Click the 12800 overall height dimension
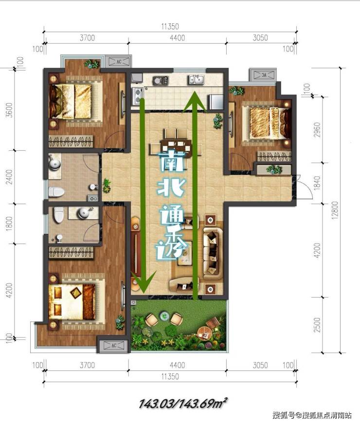point(335,210)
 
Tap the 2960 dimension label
point(317,129)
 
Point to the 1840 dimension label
point(317,183)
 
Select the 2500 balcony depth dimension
point(317,324)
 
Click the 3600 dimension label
point(9,110)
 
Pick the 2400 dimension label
point(9,177)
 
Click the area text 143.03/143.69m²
point(182,404)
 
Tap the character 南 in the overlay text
point(172,161)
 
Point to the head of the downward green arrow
point(144,282)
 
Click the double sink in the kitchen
point(196,79)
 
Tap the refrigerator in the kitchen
point(216,102)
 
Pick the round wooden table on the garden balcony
point(204,333)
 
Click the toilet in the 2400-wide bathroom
point(56,192)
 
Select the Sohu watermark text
point(312,415)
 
